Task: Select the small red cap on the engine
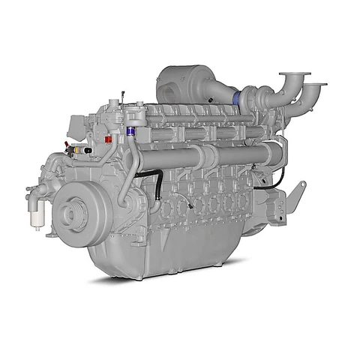[x=109, y=139]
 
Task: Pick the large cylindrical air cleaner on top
[x=184, y=84]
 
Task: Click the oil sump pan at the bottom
[x=172, y=255]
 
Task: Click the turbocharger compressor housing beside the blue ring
[x=251, y=96]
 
